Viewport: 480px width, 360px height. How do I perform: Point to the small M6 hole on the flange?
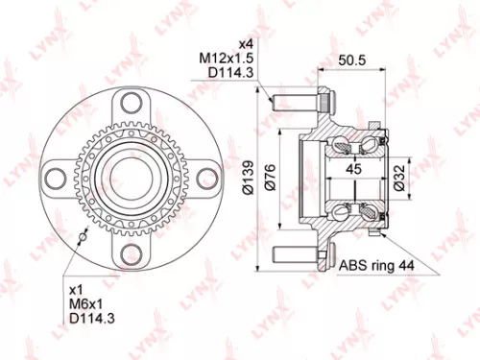coord(84,236)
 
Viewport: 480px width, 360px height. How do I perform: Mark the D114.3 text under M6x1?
coord(88,320)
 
